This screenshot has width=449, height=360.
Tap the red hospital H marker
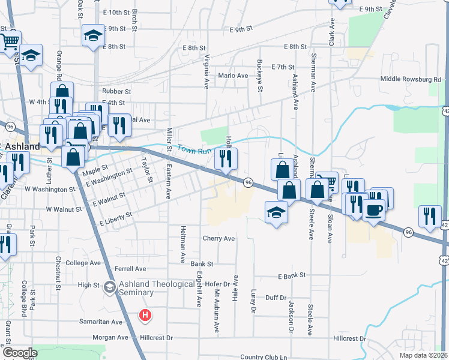click(x=145, y=314)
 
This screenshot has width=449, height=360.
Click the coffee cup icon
click(x=373, y=211)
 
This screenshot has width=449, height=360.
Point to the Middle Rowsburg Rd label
click(x=411, y=79)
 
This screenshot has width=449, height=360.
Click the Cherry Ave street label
click(x=218, y=238)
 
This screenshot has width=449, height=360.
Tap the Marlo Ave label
click(x=233, y=76)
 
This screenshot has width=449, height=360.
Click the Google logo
click(x=20, y=353)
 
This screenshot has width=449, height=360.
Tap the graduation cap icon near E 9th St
click(x=93, y=35)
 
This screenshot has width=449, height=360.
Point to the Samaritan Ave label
click(x=101, y=322)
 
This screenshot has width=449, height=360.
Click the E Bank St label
click(x=292, y=275)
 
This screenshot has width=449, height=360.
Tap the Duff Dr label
click(x=276, y=298)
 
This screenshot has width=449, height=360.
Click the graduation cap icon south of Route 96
click(x=276, y=213)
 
